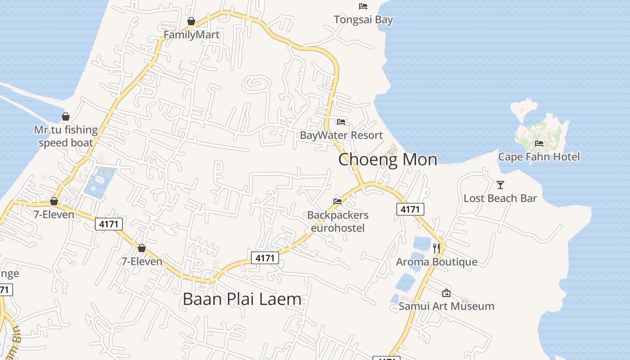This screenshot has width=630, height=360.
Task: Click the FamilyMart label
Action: pos(191,35)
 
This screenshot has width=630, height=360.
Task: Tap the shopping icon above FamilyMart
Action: pos(191,21)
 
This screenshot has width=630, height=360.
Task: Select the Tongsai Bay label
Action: pos(363,20)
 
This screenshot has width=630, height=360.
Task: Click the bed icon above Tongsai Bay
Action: pos(363,6)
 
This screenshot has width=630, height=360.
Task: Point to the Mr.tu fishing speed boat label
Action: pos(66,136)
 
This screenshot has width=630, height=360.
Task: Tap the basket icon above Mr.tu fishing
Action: pos(66,117)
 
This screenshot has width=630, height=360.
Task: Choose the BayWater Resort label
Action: pos(341,135)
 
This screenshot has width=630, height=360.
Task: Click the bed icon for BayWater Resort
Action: pos(341,122)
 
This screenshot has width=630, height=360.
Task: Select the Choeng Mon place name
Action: pos(387,159)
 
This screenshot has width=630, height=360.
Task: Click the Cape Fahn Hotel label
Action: pos(539,157)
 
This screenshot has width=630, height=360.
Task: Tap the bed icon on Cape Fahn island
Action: pos(539,144)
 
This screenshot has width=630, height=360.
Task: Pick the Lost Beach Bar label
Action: pos(500,198)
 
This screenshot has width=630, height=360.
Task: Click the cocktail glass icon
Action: pos(500,184)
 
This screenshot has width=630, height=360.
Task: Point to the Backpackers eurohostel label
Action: pos(337,221)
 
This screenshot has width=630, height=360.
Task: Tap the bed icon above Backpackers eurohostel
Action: pos(337,202)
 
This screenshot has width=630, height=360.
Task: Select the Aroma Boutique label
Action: pos(436,262)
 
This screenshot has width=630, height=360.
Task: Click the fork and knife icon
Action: pos(436,248)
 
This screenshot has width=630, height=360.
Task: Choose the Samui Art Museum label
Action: pos(446,306)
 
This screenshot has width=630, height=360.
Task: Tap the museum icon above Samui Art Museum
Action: pos(446,293)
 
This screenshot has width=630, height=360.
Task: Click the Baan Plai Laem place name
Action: pos(242,299)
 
